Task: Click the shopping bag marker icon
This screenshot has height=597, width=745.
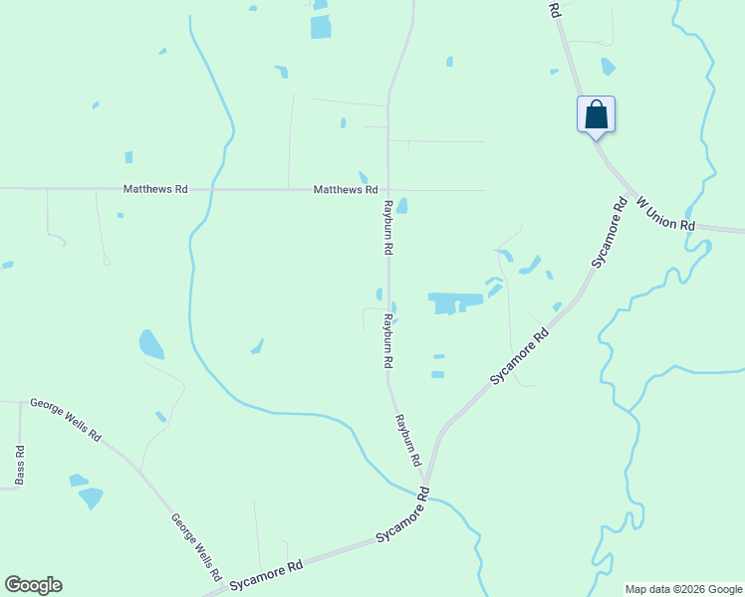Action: point(596,113)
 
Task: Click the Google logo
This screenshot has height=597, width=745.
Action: point(33,585)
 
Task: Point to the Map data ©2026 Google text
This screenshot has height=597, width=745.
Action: point(683,589)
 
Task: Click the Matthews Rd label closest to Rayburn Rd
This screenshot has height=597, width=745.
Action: point(345,189)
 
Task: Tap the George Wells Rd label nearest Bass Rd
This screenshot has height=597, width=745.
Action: point(66,420)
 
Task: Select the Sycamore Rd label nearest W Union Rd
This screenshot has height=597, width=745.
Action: point(609,233)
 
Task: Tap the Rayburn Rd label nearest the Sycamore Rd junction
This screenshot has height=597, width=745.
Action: point(408,441)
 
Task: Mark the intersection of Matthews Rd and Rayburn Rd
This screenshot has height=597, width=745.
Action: point(387,189)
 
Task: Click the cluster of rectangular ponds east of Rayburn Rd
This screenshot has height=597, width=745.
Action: point(454,301)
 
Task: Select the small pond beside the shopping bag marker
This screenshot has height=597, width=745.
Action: point(608,67)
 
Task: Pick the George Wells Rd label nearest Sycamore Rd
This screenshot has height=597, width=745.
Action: point(195,546)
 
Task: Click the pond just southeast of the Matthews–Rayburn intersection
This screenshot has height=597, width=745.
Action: point(401,206)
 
